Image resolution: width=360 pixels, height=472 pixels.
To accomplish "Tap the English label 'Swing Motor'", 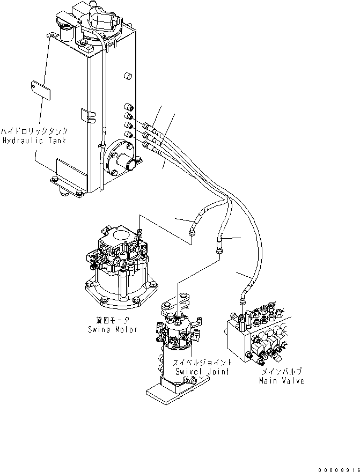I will (113, 329).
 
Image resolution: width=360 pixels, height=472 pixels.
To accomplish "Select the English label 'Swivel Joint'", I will (203, 371).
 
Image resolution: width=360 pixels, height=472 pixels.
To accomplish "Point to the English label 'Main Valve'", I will (281, 381).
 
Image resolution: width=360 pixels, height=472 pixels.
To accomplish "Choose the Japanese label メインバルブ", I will (281, 371).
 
